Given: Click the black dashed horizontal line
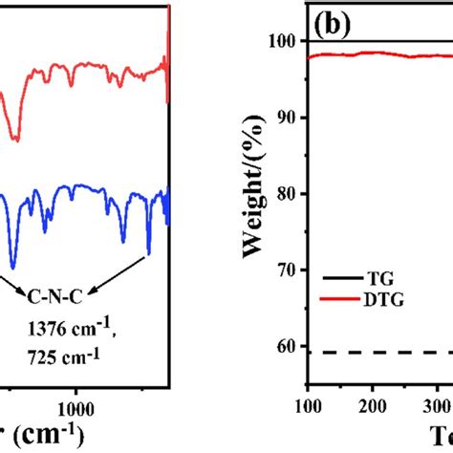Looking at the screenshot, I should (382, 353).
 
